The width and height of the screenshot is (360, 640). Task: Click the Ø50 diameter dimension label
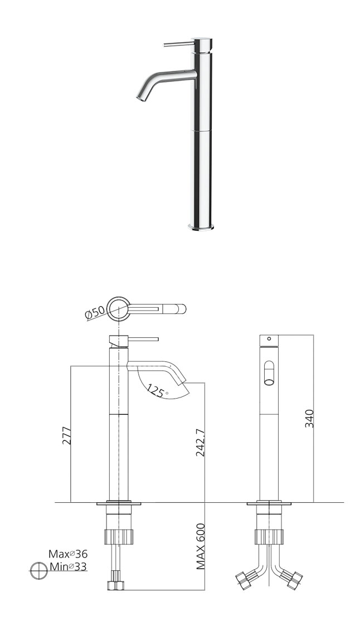[x=95, y=313]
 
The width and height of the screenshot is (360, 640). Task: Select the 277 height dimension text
[x=66, y=435]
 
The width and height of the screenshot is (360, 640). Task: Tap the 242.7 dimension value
[x=200, y=443]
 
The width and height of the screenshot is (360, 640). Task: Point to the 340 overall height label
[x=309, y=418]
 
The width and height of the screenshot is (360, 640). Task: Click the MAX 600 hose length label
[x=200, y=546]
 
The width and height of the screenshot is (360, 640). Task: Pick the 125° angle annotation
[x=158, y=391]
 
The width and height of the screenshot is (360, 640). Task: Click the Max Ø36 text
[x=68, y=554]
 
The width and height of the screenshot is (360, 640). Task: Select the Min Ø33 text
[x=68, y=566]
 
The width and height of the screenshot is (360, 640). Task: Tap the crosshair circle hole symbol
[x=39, y=570]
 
